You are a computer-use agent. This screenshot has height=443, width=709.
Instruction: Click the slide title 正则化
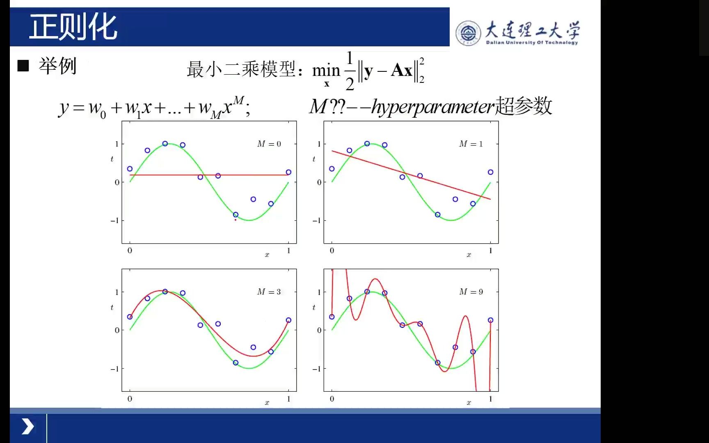(x=73, y=27)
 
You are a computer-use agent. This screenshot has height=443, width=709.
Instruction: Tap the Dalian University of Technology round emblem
(x=468, y=33)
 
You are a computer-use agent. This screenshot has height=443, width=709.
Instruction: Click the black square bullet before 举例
(x=23, y=66)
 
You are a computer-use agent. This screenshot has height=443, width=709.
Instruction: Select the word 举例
(x=57, y=66)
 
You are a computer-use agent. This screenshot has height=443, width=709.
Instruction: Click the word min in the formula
(x=326, y=71)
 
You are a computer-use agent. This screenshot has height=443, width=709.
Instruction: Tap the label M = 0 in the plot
(x=269, y=144)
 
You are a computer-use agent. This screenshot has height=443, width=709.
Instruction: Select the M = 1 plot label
(x=471, y=144)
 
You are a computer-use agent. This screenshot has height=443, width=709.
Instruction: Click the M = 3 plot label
(x=269, y=292)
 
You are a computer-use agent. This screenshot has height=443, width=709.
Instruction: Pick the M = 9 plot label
(x=471, y=292)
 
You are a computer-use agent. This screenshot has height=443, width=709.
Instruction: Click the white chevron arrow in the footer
(x=28, y=427)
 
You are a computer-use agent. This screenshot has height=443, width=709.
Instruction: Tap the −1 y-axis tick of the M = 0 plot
(x=115, y=221)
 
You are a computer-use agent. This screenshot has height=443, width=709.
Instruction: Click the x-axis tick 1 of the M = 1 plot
(x=490, y=251)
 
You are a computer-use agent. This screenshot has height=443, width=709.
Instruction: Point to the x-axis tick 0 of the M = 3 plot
(x=130, y=399)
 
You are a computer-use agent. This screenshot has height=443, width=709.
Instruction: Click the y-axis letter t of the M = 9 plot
(x=314, y=307)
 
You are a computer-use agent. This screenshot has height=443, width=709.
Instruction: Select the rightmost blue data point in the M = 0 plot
(x=288, y=172)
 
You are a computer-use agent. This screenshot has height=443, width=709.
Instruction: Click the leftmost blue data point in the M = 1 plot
(x=332, y=169)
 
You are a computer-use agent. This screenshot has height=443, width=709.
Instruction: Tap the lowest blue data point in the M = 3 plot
(x=236, y=363)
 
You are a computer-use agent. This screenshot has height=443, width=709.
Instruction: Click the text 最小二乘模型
(x=241, y=69)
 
